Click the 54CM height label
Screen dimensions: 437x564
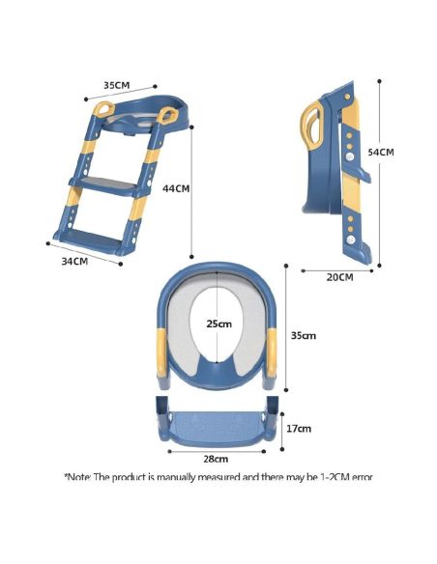point(381,153)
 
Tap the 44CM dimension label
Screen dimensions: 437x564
point(176,188)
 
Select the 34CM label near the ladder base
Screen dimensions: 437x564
point(74,261)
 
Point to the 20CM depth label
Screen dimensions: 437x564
point(339,277)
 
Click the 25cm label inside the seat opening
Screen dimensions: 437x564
point(218,324)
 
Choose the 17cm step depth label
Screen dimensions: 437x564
point(299,429)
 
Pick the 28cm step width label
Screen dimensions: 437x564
point(216,459)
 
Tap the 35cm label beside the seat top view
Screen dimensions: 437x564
point(304,335)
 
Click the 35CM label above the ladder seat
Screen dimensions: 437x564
point(117,85)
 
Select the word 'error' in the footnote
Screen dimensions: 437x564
point(363,478)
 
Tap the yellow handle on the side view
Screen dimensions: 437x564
point(310,126)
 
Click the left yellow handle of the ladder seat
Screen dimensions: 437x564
point(103,109)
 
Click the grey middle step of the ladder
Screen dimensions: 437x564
point(104,184)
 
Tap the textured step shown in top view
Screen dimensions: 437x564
point(217,426)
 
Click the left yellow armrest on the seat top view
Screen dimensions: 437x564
point(162,352)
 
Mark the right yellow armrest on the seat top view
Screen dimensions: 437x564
point(272,352)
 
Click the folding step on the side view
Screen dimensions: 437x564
point(358,175)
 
